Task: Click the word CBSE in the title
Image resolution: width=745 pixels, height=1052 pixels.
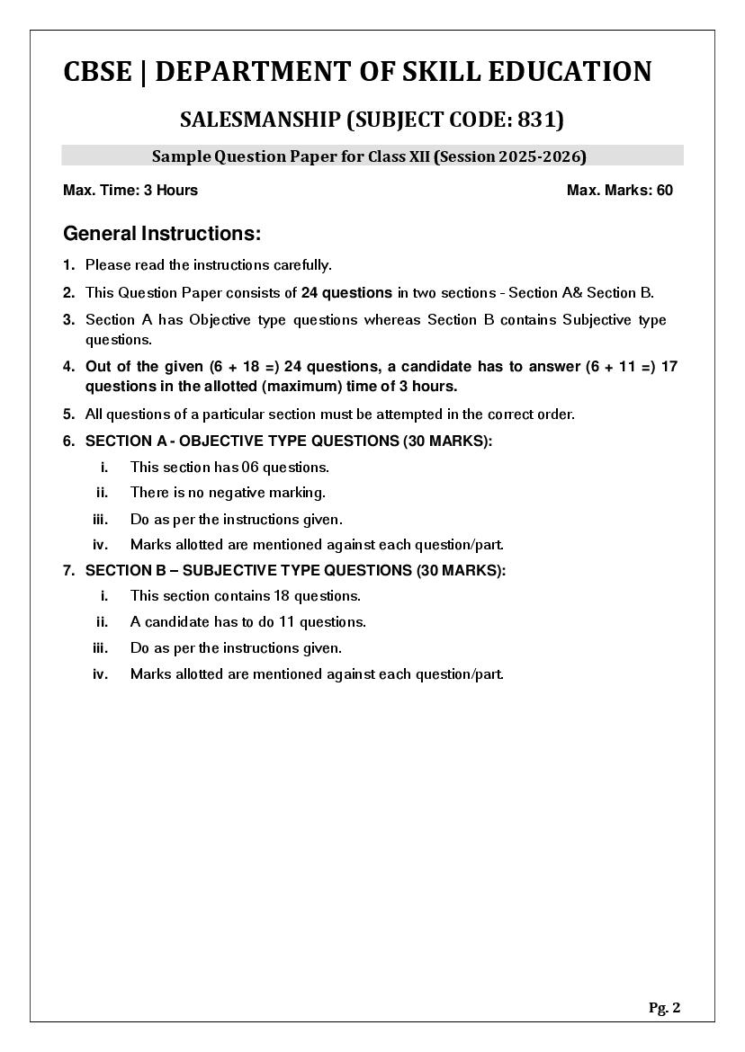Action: tap(96, 72)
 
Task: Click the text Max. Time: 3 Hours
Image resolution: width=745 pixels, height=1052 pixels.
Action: tap(130, 190)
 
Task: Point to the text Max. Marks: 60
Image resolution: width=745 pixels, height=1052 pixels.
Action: tap(619, 190)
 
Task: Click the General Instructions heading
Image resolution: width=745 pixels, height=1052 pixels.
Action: tap(162, 234)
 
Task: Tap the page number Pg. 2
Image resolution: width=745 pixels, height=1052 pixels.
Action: tap(664, 1008)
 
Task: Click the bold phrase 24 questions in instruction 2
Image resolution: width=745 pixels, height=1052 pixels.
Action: tap(346, 292)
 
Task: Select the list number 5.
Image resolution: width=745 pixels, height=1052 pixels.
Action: tap(68, 415)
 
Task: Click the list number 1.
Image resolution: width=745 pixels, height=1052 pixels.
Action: tap(68, 265)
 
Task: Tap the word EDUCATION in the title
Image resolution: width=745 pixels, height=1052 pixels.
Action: tap(570, 72)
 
